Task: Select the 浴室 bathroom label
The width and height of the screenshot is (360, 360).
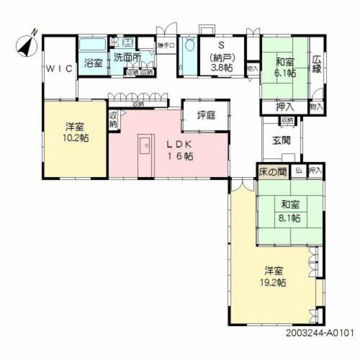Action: point(93,62)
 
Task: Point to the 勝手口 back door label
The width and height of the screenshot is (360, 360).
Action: point(166,46)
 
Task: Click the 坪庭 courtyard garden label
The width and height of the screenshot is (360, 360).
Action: point(206,115)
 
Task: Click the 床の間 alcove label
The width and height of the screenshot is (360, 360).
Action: point(272,170)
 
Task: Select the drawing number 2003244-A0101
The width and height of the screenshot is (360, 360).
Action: point(319,332)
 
